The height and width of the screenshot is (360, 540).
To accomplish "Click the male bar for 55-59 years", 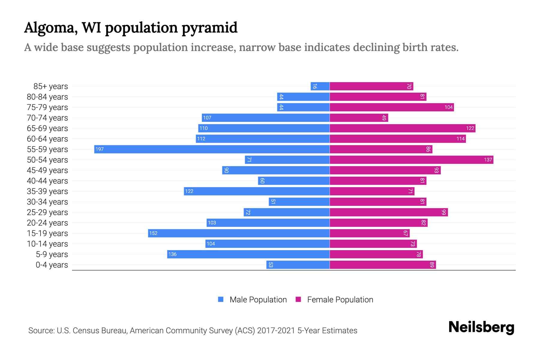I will (x=212, y=149).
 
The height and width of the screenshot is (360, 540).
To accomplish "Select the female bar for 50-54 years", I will (x=411, y=160).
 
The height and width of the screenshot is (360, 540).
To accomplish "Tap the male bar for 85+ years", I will (x=320, y=86).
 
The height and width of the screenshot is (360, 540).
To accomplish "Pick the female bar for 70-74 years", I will (x=359, y=118).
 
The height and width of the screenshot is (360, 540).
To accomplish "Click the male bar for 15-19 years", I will (x=239, y=233).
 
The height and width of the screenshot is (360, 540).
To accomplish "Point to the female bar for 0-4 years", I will (x=383, y=265).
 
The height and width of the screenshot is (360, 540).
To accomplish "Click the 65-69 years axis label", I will (x=47, y=128).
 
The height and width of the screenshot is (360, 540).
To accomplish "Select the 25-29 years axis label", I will (x=47, y=212).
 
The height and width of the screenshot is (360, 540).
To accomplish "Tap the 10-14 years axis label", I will (x=47, y=244).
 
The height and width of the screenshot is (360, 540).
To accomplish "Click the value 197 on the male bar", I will (x=100, y=149).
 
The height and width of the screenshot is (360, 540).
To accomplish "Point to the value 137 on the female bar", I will (x=488, y=160).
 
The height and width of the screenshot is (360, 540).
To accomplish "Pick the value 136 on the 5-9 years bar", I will (x=172, y=254).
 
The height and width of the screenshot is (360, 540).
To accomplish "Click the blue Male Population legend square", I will (x=221, y=299).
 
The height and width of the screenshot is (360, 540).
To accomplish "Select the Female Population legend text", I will (x=340, y=299).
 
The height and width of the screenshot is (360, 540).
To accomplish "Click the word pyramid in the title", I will (x=210, y=28).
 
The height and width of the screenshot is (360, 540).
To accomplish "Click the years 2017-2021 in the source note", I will (x=276, y=331).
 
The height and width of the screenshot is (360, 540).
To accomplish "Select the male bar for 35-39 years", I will (x=257, y=191).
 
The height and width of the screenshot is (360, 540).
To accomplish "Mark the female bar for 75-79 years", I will (x=391, y=107).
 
